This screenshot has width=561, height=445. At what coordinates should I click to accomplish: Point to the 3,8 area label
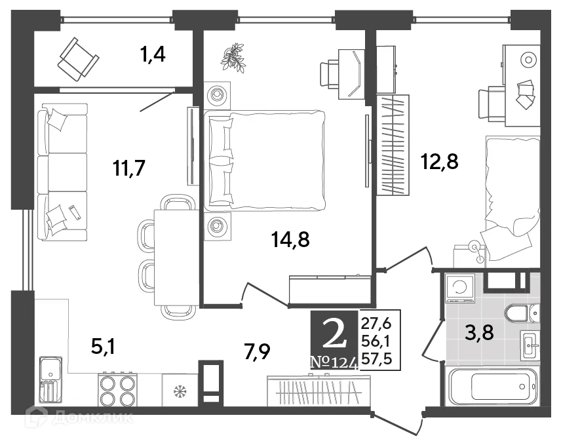click(x=479, y=333)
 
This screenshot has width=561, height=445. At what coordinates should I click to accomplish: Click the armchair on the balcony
click(x=77, y=58)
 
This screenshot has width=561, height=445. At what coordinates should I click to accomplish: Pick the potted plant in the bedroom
click(x=233, y=58)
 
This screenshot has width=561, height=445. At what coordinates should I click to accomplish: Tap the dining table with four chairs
click(x=176, y=256)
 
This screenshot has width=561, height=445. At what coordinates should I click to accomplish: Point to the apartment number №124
click(x=334, y=362)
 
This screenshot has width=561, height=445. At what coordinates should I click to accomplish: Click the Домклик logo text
click(x=95, y=417)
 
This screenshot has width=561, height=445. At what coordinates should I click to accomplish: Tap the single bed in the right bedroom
click(x=511, y=197)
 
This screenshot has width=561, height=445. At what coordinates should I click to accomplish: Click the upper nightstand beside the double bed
click(x=217, y=96)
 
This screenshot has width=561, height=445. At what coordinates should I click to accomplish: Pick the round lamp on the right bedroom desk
click(x=528, y=60)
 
